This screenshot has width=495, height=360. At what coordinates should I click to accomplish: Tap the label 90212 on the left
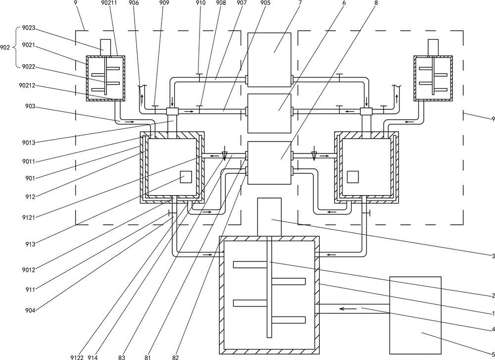pos(27,86)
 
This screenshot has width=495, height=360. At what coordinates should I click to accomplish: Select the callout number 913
pos(31,244)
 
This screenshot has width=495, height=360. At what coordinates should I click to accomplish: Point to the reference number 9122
pos(77,357)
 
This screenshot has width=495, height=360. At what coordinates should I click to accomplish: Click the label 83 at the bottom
pos(122,357)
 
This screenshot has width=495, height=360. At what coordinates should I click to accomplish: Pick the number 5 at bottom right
pos(493,354)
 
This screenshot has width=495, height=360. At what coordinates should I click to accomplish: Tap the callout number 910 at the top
pos(200,3)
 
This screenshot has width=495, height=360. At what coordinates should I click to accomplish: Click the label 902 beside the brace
pos(5,48)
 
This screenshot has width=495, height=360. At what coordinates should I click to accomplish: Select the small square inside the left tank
pos(186,177)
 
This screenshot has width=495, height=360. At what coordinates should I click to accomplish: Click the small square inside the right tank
pos(352,177)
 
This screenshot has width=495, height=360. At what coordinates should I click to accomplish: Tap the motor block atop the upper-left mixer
pos(105,48)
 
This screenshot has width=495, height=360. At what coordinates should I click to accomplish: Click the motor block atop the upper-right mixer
pos(433,48)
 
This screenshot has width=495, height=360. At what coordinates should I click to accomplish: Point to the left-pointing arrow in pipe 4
pos(348,309)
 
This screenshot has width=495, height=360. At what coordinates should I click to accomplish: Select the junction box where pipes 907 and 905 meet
pos(172,111)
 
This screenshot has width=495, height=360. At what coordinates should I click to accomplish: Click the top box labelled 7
pos(269,60)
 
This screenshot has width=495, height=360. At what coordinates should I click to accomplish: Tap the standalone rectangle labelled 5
pos(415,315)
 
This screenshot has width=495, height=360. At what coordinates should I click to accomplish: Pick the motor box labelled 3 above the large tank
pos(269,217)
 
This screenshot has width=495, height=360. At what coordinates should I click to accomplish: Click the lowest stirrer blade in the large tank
pos(289,319)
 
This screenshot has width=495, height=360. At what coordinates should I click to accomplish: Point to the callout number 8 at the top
pos(376,3)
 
